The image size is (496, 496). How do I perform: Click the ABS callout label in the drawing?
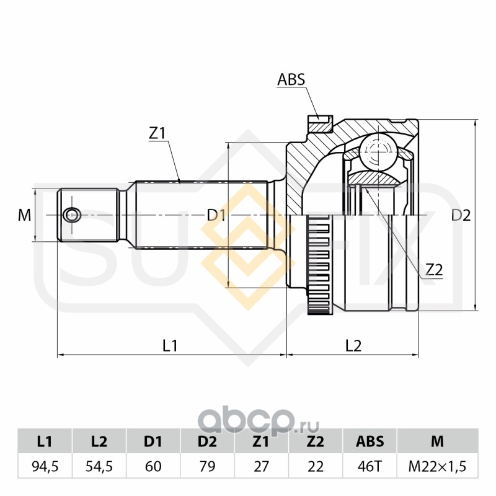click(x=291, y=79)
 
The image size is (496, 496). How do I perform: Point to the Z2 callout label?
click(x=434, y=270)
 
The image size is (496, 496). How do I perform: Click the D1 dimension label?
click(x=216, y=215)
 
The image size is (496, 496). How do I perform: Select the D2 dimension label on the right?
click(x=461, y=215)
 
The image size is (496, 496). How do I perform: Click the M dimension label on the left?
click(x=24, y=215)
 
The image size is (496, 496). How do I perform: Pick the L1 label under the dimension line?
click(x=170, y=346)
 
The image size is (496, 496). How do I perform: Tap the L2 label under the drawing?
click(x=353, y=346)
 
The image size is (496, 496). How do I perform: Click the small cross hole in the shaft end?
click(x=73, y=215)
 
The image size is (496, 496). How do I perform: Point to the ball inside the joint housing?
click(x=378, y=151)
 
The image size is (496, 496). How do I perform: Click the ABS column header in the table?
click(x=370, y=441)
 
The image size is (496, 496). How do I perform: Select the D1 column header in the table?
click(x=153, y=441)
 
